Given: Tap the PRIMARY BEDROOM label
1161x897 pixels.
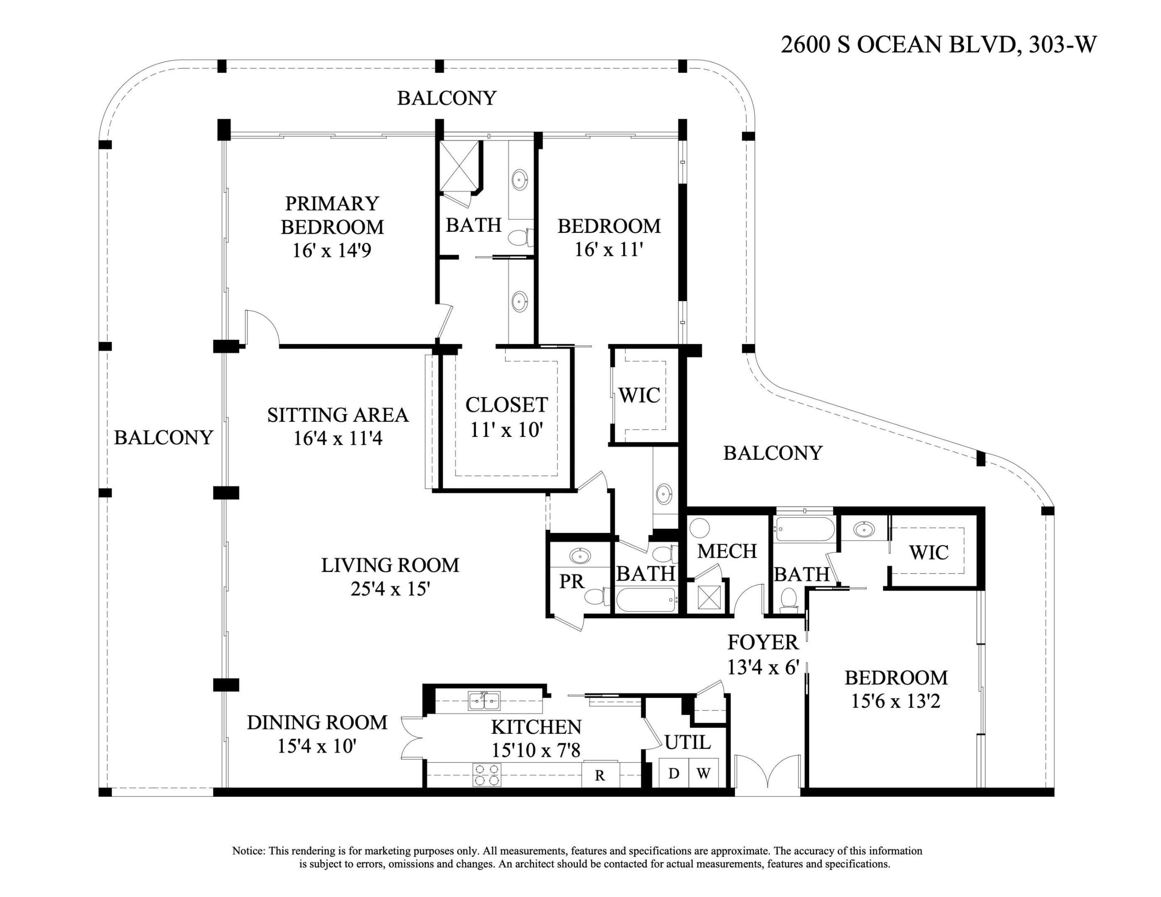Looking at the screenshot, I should click(332, 215).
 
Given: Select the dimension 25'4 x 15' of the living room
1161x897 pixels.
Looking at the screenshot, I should click(390, 589).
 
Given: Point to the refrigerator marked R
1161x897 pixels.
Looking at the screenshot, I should click(600, 775).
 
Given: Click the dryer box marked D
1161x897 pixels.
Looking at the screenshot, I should click(673, 773).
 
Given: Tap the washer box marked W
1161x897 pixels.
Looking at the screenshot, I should click(703, 773).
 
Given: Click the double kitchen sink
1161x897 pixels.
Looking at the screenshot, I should click(484, 701).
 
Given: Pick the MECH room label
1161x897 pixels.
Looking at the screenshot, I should click(727, 551).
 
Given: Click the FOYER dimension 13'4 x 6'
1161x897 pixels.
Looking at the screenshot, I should click(763, 667).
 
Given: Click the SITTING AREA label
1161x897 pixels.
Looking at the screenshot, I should click(338, 415).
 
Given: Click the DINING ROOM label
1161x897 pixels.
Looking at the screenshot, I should click(317, 722).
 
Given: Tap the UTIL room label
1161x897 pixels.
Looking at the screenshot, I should click(687, 742).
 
